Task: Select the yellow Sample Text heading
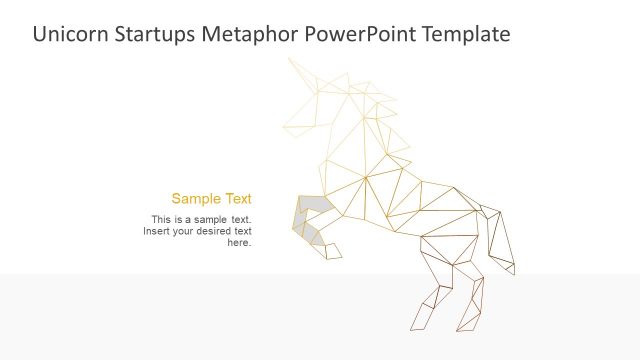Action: coord(211,198)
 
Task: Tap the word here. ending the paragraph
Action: coord(239,243)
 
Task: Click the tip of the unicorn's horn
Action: coord(290,59)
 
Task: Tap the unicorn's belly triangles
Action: coord(400,215)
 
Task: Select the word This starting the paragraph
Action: coord(161,219)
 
